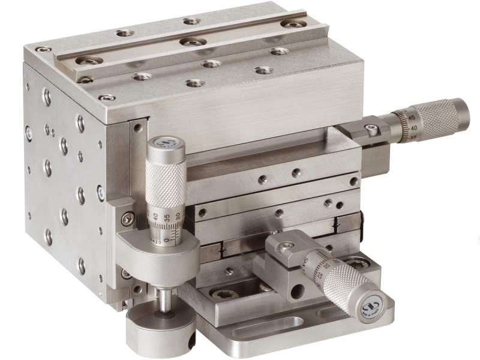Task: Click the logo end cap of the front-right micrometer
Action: point(373,308)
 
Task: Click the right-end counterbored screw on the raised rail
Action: point(293,24)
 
